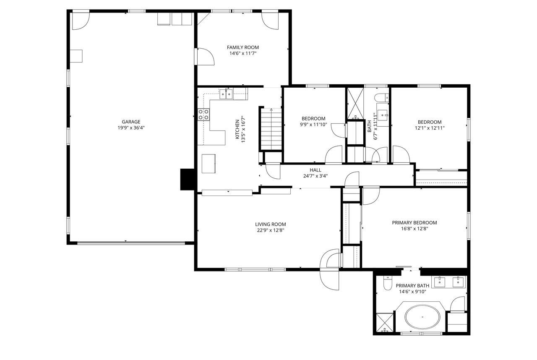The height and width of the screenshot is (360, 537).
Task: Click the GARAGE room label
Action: [131, 122]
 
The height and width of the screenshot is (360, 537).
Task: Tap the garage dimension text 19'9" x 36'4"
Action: [131, 128]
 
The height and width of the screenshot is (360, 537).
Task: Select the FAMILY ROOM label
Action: [242, 47]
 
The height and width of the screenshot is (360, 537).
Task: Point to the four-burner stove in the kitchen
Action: [204, 115]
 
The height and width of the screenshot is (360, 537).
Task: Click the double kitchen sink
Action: [226, 94]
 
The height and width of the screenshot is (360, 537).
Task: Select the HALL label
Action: [315, 170]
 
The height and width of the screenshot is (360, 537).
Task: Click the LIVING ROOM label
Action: [271, 224]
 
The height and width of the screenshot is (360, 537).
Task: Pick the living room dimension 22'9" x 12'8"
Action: [271, 230]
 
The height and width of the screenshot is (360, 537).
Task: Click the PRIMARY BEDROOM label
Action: [414, 223]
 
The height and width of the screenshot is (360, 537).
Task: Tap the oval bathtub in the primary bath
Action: [423, 317]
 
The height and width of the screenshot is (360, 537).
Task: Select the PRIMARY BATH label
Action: [412, 286]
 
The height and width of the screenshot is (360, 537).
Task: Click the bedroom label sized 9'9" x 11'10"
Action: [313, 118]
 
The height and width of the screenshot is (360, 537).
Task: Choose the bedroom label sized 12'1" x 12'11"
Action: [429, 122]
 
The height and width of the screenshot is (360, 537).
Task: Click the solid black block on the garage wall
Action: [187, 180]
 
